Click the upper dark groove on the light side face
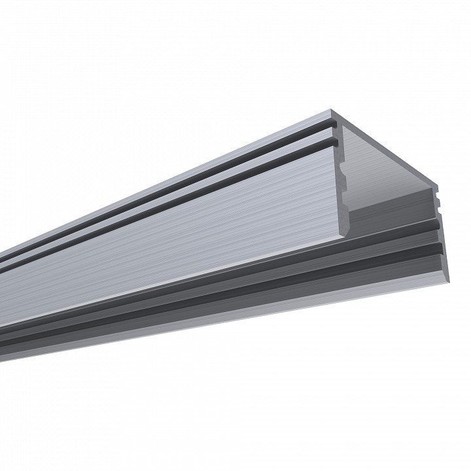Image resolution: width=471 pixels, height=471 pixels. coord(196,177)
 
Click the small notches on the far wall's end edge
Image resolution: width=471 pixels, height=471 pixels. coord(437,200)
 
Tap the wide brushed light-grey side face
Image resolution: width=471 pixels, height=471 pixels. coord(196,235)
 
